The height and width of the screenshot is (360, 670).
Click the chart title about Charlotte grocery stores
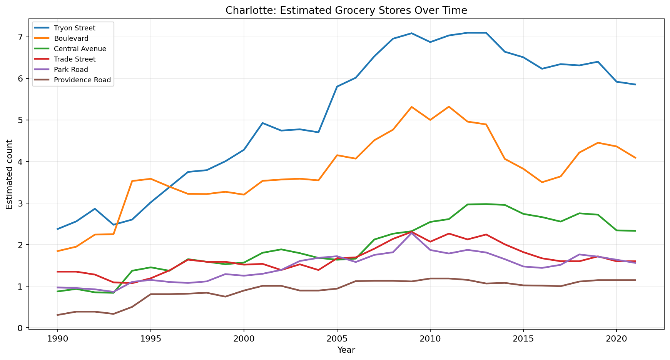click(x=346, y=10)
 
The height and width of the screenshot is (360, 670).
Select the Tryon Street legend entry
click(x=74, y=28)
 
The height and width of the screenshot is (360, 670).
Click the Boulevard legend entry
click(x=71, y=38)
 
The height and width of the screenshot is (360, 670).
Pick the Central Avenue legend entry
click(x=80, y=49)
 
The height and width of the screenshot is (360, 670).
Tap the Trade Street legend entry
click(x=75, y=59)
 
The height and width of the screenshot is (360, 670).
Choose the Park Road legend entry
click(x=71, y=70)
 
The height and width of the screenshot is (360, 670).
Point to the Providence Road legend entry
click(x=82, y=80)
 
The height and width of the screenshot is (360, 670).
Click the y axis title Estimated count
click(x=10, y=174)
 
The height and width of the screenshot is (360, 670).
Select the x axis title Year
click(x=346, y=350)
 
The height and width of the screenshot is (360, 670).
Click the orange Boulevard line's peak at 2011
click(x=449, y=107)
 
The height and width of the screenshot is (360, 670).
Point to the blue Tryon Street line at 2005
click(x=337, y=87)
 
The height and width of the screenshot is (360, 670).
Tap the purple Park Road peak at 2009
click(x=411, y=233)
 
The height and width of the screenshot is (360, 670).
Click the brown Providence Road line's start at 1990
click(x=58, y=315)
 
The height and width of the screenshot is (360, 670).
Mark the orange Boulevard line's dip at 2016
click(x=542, y=182)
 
